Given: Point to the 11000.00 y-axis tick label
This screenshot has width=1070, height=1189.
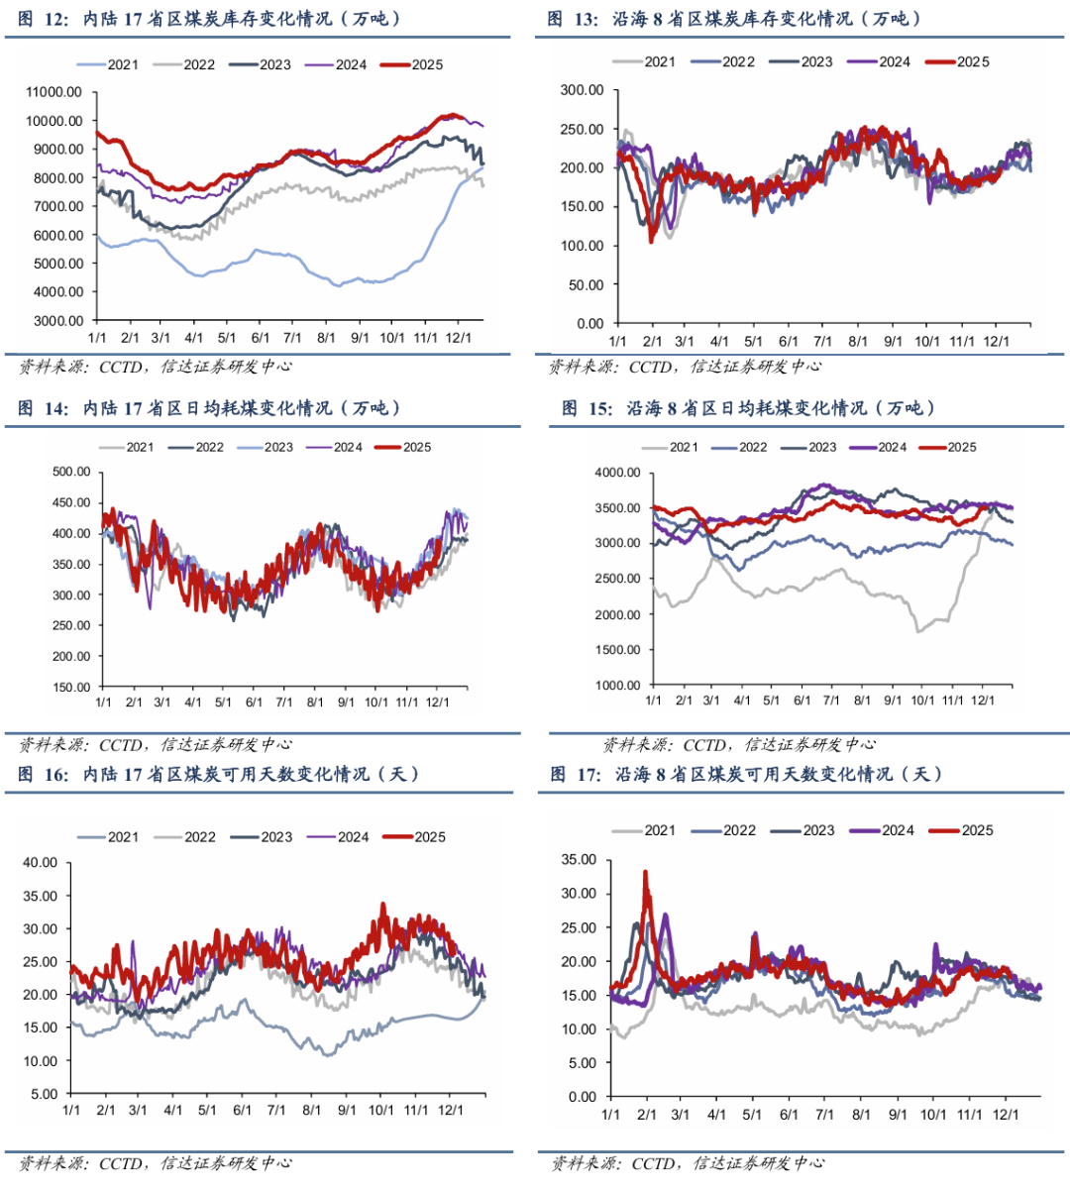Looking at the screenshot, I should tap(54, 92).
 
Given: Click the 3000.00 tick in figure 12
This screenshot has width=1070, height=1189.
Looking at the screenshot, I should tap(58, 320).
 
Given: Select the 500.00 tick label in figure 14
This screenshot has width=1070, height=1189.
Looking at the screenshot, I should tap(71, 472).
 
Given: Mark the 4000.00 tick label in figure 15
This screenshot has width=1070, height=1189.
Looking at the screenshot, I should tap(617, 473).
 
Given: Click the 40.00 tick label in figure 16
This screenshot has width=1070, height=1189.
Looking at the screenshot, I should tap(41, 862).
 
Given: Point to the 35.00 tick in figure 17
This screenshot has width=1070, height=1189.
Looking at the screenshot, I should tap(578, 859).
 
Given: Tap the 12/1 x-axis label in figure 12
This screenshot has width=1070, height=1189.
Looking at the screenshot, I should tap(458, 338).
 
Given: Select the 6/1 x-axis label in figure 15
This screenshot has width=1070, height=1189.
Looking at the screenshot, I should tap(802, 701).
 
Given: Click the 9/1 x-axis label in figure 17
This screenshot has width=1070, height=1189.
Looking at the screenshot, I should tap(898, 1115).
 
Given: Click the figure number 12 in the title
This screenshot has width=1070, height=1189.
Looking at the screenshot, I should tap(55, 19).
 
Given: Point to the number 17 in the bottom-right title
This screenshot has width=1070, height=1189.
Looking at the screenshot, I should tap(589, 774).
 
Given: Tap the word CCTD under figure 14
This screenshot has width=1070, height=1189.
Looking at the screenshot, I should tap(121, 744).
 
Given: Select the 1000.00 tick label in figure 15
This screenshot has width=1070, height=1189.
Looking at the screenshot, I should tap(617, 685).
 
